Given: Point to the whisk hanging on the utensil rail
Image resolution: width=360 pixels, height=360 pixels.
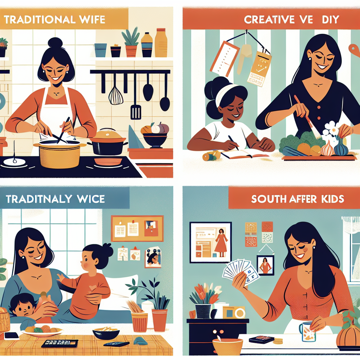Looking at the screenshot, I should (x=116, y=93).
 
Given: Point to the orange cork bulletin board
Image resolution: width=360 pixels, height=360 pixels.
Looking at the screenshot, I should (x=137, y=229).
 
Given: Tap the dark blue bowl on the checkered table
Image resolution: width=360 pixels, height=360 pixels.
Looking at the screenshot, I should (x=105, y=333).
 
